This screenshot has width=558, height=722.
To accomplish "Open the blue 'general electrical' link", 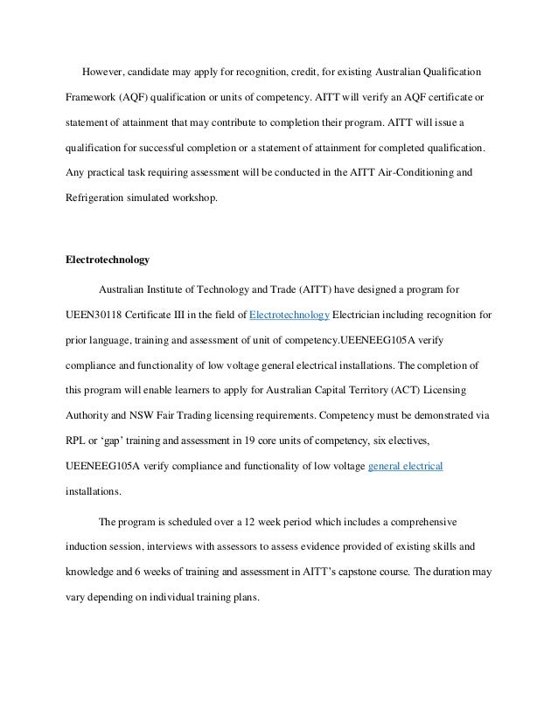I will (x=406, y=466).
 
